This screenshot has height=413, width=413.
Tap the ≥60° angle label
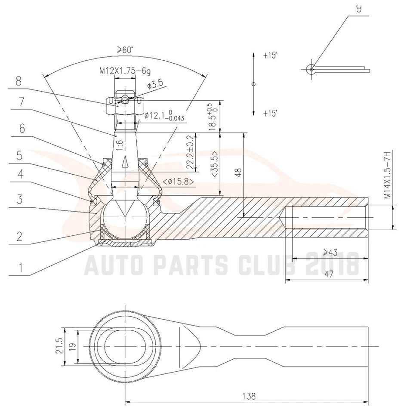[124, 50]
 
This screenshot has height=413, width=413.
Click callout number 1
[18, 268]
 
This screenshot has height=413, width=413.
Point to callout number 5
[18, 155]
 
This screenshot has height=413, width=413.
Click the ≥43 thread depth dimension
[330, 253]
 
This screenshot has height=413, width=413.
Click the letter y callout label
[358, 9]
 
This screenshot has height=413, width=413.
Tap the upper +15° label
[270, 55]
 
